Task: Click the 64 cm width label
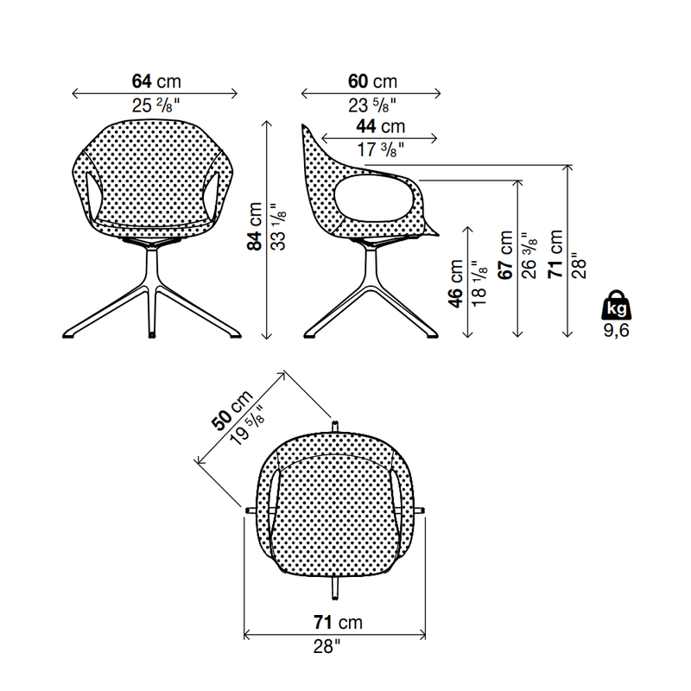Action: click(156, 81)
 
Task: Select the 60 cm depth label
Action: click(373, 81)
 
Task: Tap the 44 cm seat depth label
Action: click(381, 126)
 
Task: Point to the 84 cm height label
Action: click(254, 226)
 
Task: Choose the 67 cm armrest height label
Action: click(505, 255)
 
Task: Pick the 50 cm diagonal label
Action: click(231, 409)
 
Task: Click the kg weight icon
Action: click(616, 305)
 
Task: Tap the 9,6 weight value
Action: click(616, 331)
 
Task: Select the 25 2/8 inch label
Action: click(156, 105)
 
